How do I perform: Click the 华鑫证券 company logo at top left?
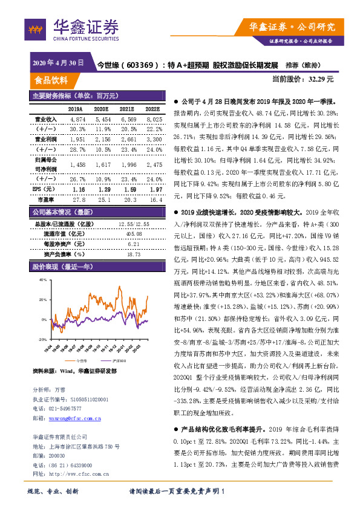72,28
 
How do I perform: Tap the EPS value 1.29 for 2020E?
102,189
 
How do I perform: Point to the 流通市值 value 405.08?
134,233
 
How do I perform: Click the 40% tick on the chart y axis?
43,280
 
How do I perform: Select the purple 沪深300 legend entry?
116,360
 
